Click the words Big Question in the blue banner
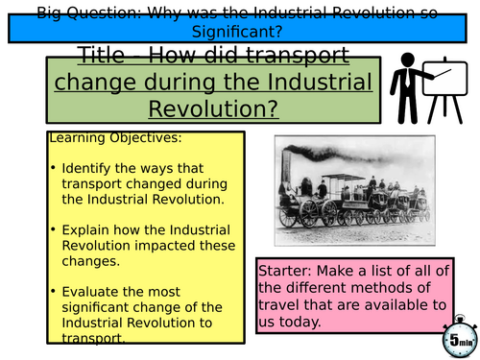tap(70, 13)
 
